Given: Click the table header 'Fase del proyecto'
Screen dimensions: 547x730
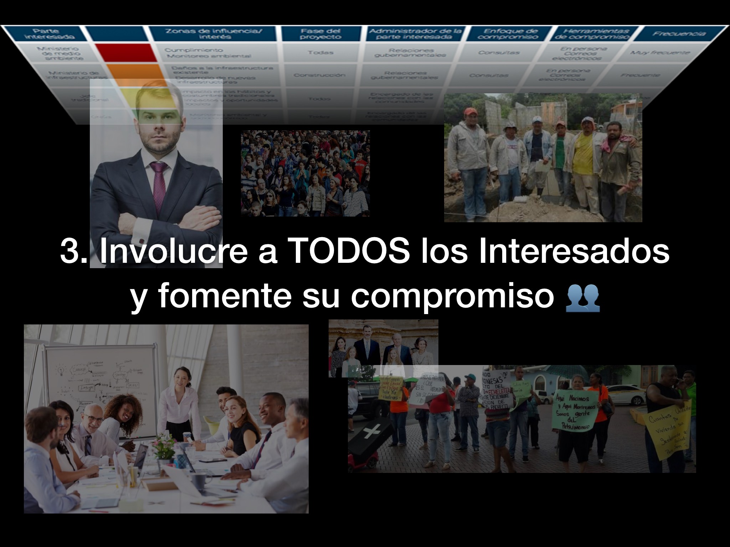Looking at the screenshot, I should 320,34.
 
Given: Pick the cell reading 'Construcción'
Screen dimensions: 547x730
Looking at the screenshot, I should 319,75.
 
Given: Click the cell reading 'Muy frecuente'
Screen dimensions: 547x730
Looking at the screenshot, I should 659,53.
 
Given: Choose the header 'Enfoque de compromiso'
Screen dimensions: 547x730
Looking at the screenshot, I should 508,34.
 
